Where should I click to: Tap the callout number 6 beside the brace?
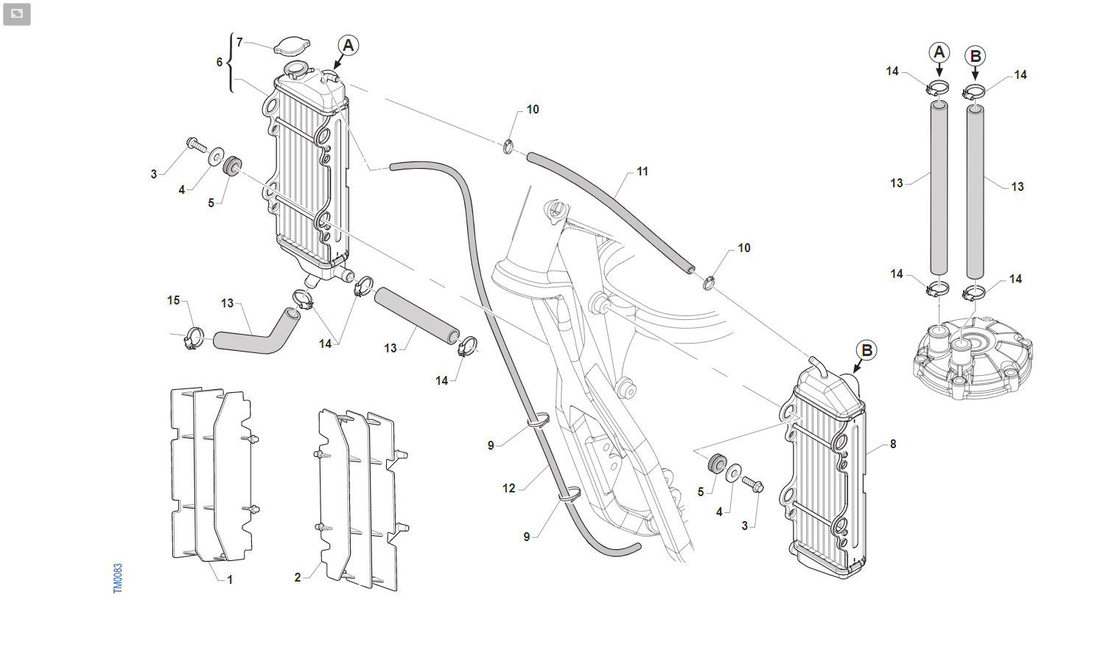(219, 62)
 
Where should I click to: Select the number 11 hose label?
(643, 172)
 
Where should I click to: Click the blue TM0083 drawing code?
(117, 579)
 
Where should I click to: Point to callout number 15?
(173, 300)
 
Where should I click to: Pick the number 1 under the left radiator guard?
(230, 579)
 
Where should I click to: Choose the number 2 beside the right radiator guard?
(298, 577)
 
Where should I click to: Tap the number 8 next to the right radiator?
(893, 444)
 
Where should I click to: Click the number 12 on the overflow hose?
(508, 489)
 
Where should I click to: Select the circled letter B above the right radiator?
(867, 350)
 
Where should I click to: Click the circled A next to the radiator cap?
(348, 46)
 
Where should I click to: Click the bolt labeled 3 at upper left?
(196, 145)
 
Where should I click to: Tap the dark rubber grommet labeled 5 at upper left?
(231, 166)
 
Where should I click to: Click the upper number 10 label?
(533, 110)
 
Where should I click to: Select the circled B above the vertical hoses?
(975, 56)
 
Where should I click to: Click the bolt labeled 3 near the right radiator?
(752, 484)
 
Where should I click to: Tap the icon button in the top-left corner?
(16, 14)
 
